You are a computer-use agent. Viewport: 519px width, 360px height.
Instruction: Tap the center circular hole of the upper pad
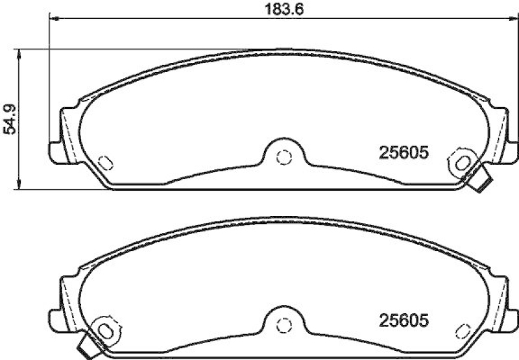pyautogui.click(x=282, y=156)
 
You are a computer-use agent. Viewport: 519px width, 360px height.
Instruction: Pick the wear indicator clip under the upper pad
pyautogui.click(x=480, y=181)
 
